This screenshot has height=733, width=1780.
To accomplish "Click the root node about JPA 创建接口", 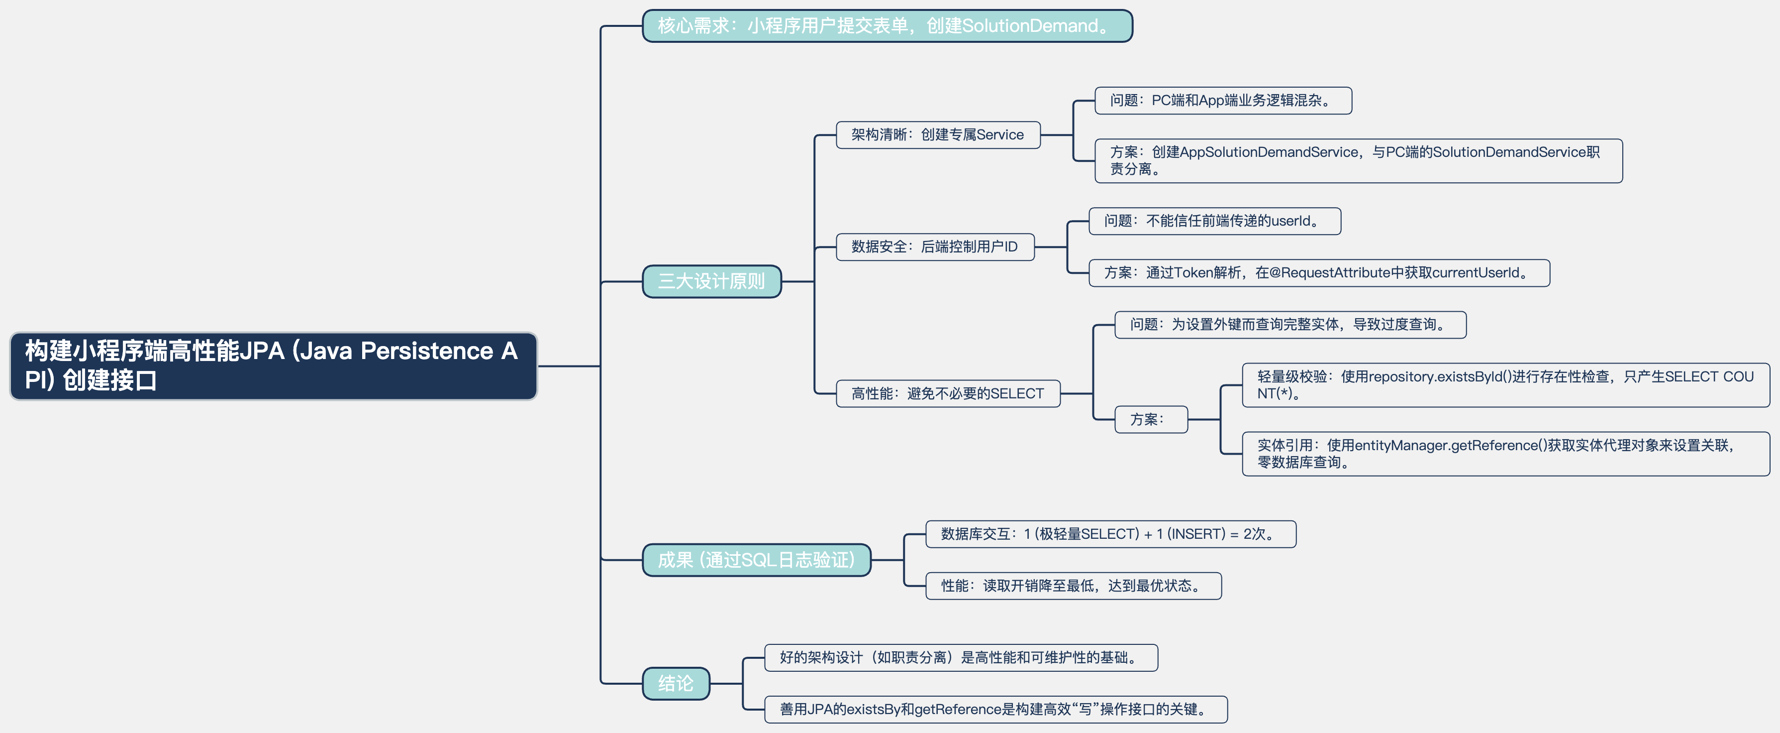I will [273, 366].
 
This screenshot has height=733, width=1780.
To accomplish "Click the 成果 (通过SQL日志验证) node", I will [756, 559].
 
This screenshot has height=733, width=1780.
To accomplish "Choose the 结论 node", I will [675, 683].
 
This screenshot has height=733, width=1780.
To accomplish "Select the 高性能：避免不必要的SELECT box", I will [947, 393].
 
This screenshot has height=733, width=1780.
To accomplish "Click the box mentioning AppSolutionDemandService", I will [1358, 160].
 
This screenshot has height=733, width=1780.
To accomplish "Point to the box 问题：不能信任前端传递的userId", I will [1214, 221].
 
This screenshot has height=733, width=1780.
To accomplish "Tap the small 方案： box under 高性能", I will [1151, 420].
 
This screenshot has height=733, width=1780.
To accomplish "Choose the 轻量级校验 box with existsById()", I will [1505, 385].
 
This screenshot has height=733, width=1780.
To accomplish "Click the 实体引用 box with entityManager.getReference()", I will [1505, 454].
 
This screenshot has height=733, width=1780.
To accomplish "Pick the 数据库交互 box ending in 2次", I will [1110, 534].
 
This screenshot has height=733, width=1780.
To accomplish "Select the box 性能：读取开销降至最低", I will [1073, 586].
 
